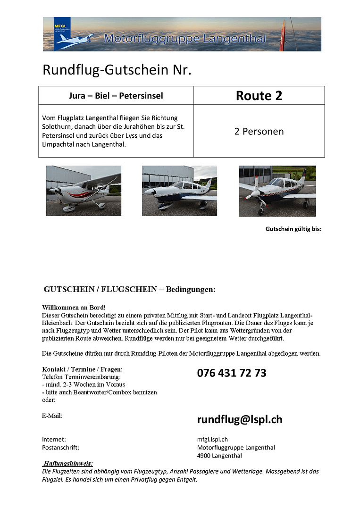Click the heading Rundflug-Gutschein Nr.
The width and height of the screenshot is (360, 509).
point(117,70)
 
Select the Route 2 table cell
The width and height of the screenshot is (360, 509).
point(259,96)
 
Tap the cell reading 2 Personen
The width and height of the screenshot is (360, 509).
point(259,131)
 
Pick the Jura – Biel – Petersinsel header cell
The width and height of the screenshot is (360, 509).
point(116,96)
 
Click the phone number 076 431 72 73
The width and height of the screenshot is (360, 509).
point(232,373)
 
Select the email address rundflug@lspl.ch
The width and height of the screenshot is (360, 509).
point(240,419)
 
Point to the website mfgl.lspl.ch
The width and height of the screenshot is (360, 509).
point(212,439)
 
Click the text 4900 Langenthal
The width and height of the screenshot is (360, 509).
point(219,456)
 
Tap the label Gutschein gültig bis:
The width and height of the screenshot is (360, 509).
point(293,229)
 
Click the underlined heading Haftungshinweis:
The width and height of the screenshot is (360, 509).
point(67,463)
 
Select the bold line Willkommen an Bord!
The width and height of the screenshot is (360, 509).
point(74,307)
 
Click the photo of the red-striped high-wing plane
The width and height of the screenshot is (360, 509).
point(84,191)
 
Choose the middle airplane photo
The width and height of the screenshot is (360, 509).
point(179,191)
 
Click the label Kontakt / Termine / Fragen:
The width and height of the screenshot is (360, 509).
point(82,369)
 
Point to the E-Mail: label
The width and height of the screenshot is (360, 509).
point(52,416)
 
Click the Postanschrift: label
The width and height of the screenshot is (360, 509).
point(60,447)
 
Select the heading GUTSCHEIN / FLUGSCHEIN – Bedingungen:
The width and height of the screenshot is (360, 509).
point(129,289)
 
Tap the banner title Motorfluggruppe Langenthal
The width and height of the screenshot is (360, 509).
point(185,39)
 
